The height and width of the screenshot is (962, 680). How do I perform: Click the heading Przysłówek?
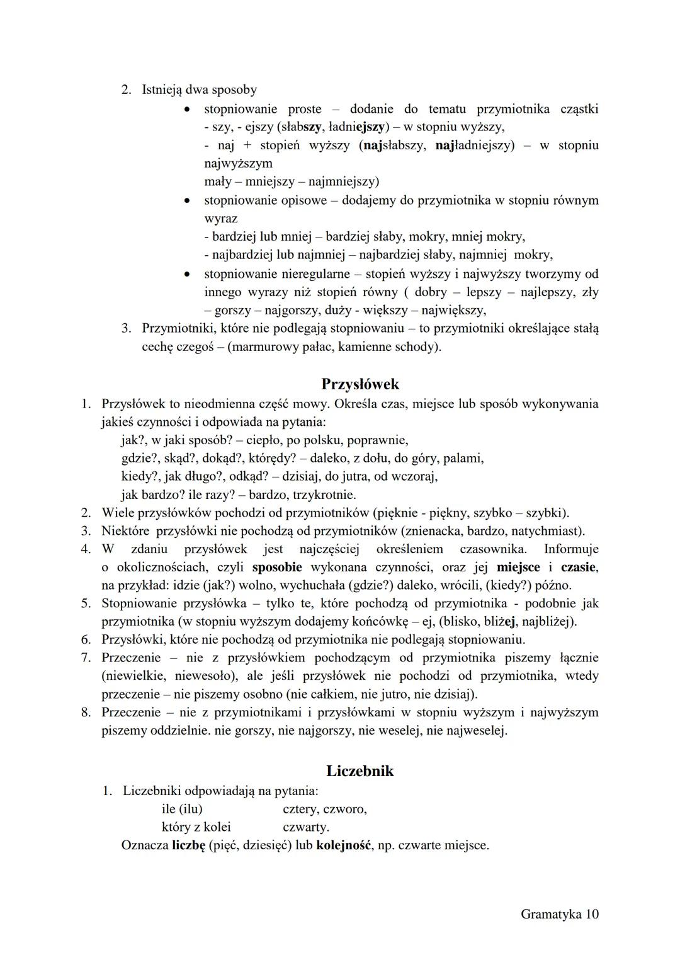click(x=360, y=384)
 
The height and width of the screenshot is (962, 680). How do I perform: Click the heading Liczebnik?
click(x=360, y=770)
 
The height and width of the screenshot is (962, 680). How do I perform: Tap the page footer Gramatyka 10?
click(x=559, y=914)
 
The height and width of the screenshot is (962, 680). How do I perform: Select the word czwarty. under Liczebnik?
click(x=306, y=827)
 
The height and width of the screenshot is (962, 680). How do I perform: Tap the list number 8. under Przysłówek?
click(x=86, y=713)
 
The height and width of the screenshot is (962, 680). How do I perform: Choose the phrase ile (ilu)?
click(x=182, y=809)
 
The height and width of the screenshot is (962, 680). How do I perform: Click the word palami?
click(x=463, y=458)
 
